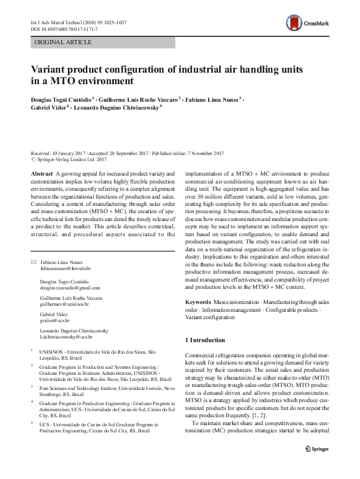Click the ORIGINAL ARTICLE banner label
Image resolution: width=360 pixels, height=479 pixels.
point(63,42)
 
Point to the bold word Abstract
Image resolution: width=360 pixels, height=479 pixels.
point(41,173)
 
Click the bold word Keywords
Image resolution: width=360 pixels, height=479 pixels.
point(198,302)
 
